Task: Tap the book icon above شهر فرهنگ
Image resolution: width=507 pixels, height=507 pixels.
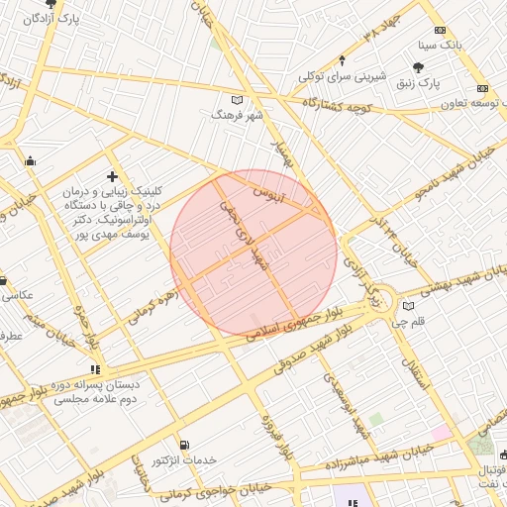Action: click(x=236, y=100)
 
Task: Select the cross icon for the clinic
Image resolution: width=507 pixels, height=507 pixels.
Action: click(x=112, y=176)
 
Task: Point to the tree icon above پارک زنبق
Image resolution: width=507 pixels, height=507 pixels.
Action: click(x=420, y=67)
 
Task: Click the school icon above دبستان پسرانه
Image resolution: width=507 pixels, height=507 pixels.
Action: click(x=95, y=370)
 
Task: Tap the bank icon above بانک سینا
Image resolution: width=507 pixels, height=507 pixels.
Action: click(x=441, y=30)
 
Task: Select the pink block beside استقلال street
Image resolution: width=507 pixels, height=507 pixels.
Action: click(x=440, y=433)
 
